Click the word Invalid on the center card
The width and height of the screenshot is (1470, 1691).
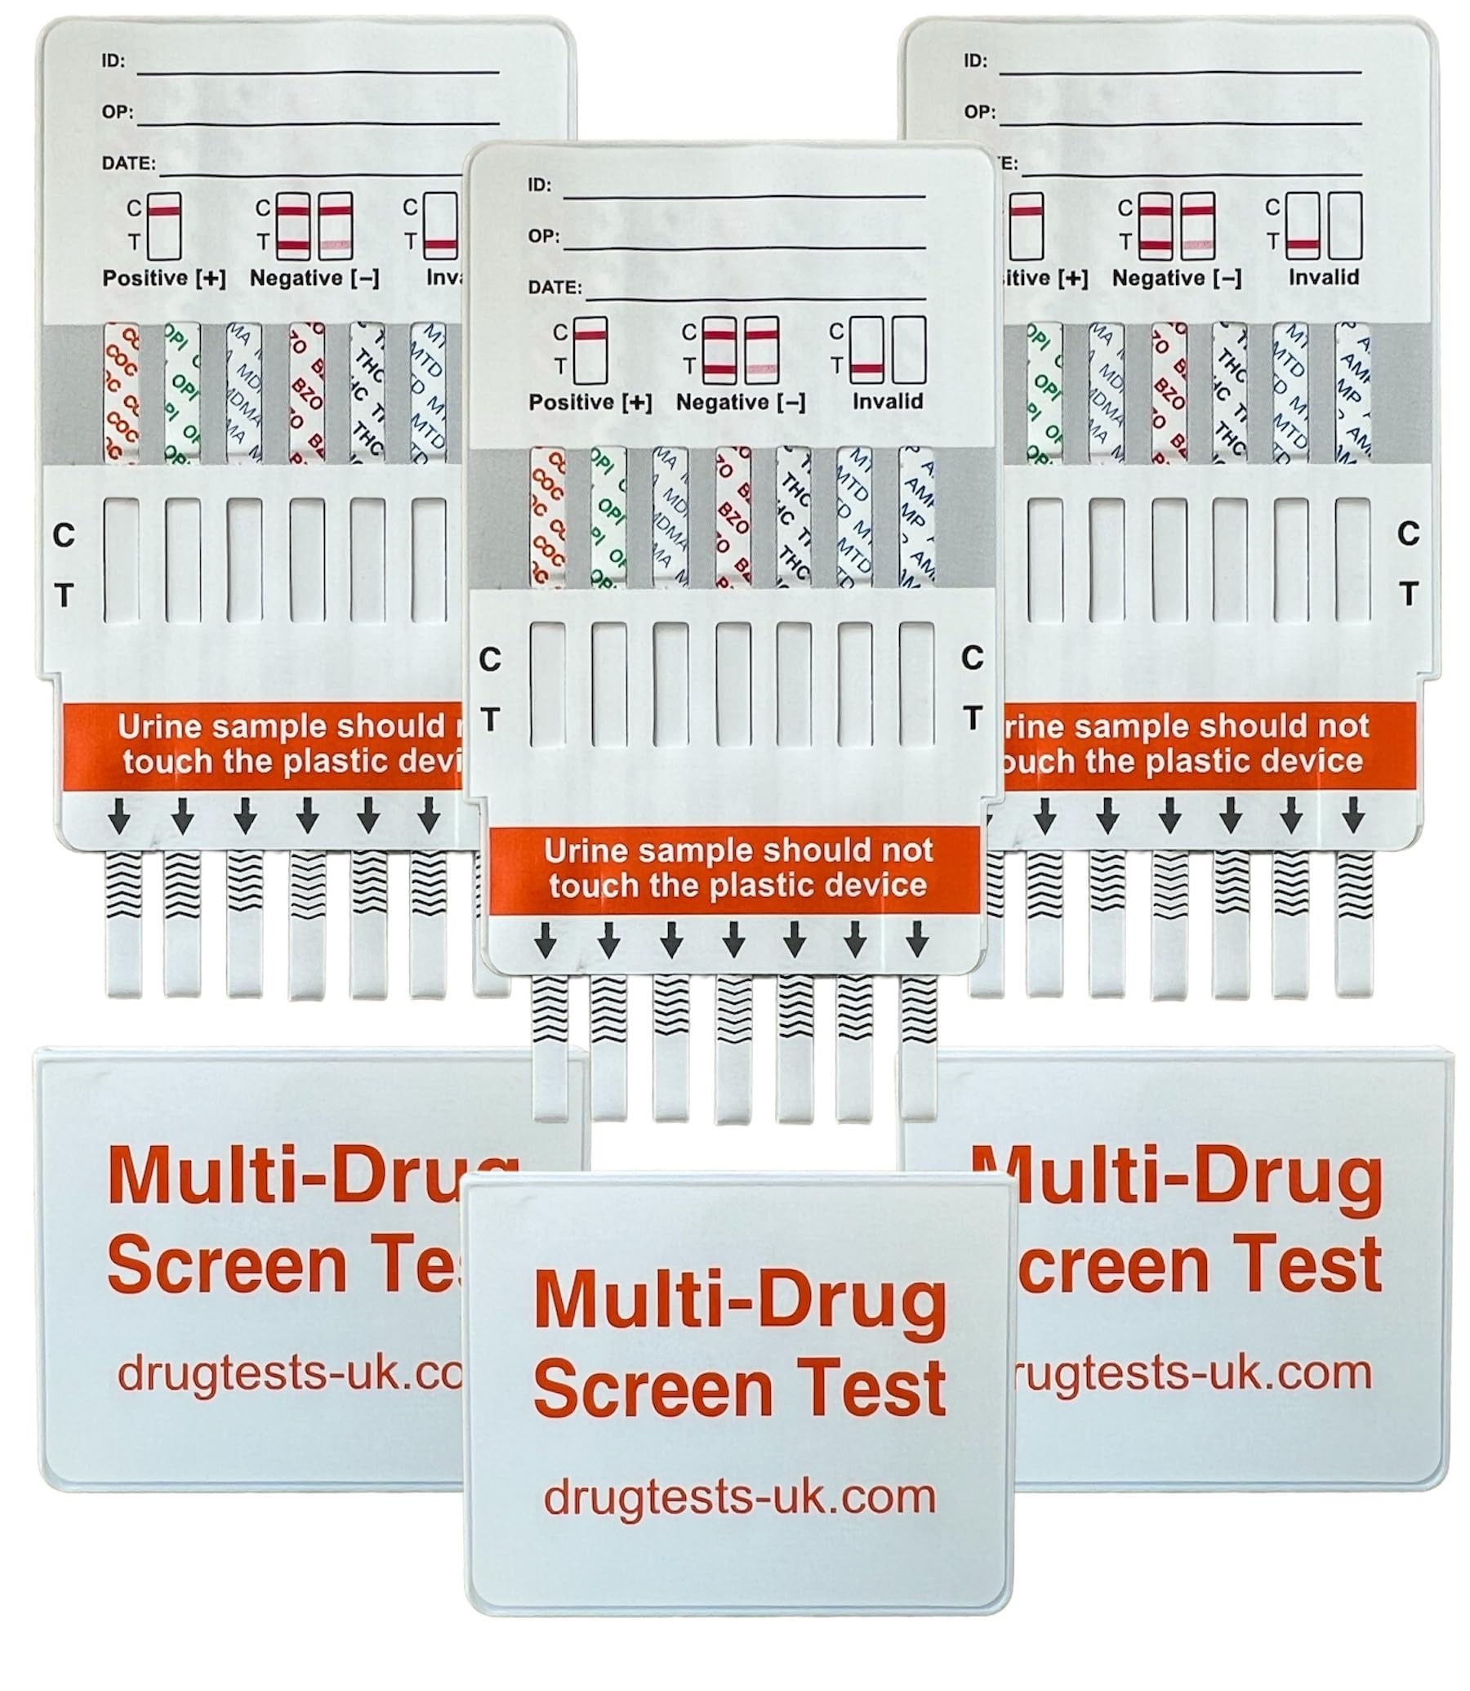click(887, 401)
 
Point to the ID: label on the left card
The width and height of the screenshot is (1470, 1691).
click(114, 60)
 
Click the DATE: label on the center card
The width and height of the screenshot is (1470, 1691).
click(555, 288)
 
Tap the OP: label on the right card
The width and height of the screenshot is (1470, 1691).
click(978, 112)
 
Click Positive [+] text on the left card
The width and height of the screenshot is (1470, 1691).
click(163, 278)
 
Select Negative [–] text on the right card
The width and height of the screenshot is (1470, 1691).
click(1176, 278)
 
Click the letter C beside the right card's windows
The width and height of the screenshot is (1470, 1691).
click(1408, 534)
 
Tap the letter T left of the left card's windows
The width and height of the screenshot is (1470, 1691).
click(63, 595)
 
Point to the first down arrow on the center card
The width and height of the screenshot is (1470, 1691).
click(546, 939)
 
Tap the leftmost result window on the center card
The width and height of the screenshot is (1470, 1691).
click(547, 684)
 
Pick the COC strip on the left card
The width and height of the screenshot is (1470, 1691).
click(122, 392)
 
